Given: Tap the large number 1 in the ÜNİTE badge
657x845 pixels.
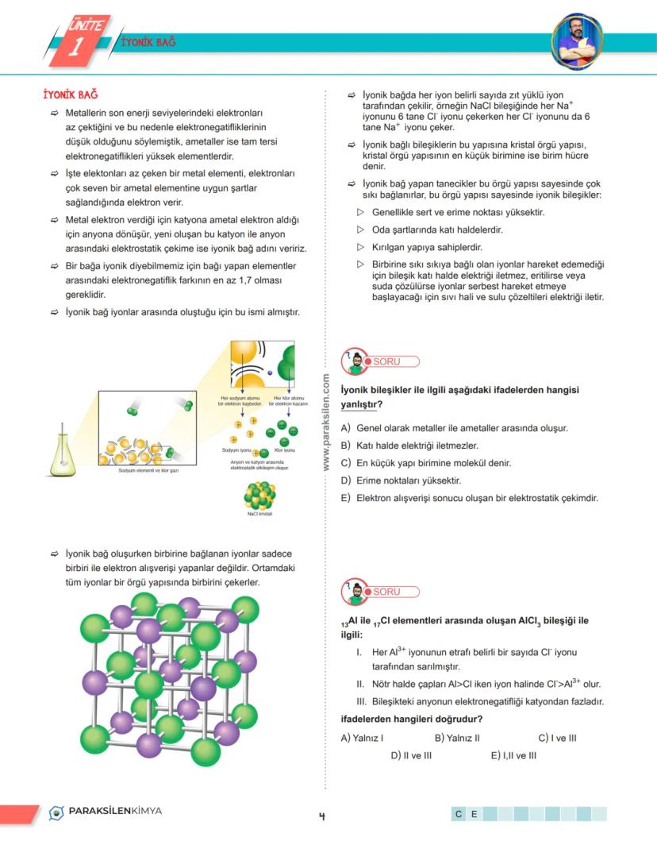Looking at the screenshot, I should (74, 48).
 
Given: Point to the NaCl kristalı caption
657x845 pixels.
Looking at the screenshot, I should (259, 512).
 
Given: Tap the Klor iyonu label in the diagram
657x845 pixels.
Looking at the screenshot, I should (284, 450).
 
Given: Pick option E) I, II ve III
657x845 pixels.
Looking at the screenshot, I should (513, 755).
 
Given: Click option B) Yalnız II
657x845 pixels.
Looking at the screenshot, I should (457, 738).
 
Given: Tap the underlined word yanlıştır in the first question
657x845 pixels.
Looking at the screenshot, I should (361, 404).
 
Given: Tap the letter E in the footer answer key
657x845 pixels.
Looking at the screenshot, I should (474, 814).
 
